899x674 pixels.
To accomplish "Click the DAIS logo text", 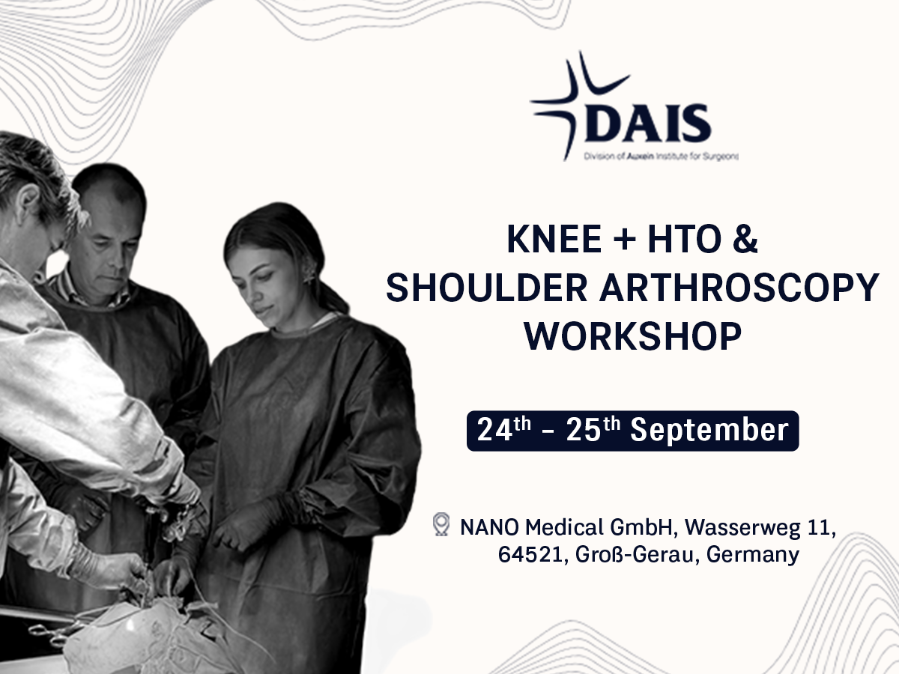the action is (x=648, y=123).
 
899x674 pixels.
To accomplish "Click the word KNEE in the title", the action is (x=554, y=239).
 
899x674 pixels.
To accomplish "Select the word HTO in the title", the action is (x=685, y=239).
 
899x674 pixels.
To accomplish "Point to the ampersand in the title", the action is (x=745, y=239).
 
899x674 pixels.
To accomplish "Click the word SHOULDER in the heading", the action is (x=486, y=288).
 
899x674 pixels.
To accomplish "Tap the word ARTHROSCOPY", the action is (x=739, y=288).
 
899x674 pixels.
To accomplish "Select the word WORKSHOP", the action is (x=633, y=336).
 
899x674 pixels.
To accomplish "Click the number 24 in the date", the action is (x=494, y=430).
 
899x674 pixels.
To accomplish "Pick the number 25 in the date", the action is (x=584, y=430).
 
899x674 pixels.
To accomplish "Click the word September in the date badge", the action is (x=709, y=431).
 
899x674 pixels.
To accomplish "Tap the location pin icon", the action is (x=441, y=524).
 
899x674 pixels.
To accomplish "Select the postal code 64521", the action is (x=530, y=555).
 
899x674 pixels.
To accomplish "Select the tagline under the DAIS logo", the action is (x=661, y=157).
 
